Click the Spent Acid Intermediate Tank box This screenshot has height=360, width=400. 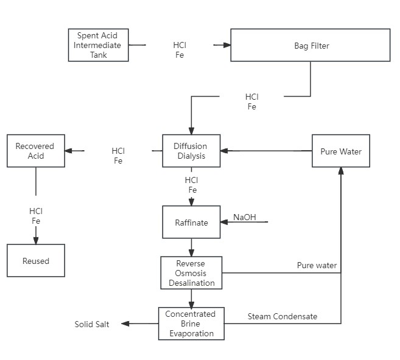pos(98,45)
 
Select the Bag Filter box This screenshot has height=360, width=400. pos(310,45)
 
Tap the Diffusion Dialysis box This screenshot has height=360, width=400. pos(191,151)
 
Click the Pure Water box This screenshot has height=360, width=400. pos(340,151)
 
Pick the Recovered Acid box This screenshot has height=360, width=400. pos(35,151)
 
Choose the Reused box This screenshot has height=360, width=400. pos(35,260)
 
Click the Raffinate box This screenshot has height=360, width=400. pos(192,223)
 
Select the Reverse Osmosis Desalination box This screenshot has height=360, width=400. pos(192,272)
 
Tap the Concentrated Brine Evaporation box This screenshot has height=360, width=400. pos(191,323)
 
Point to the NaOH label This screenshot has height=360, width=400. pos(245,218)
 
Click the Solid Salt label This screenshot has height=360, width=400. pos(92,324)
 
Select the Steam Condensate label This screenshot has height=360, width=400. pos(282,316)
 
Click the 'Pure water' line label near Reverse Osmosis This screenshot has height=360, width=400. pos(317,266)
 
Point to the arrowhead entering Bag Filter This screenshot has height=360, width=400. pos(226,45)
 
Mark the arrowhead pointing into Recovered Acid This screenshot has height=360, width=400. pos(68,151)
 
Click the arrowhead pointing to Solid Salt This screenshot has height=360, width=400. pos(125,324)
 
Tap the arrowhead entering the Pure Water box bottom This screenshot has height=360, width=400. pos(340,171)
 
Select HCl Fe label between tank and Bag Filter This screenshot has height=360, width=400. pos(180,50)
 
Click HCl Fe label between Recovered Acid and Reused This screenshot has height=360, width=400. pos(36,216)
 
